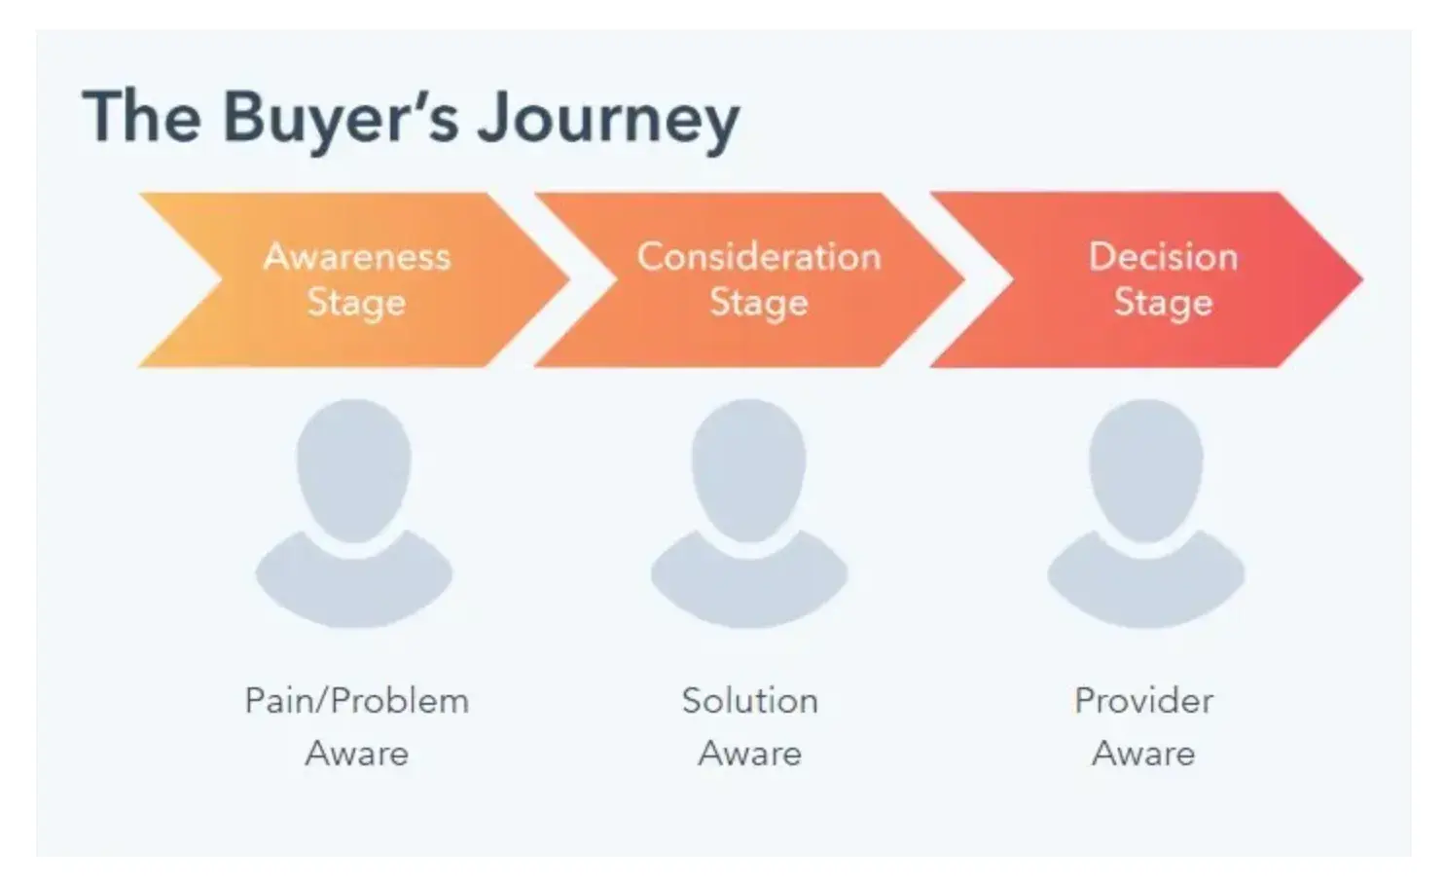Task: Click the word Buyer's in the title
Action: (x=340, y=119)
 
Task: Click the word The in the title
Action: (x=142, y=117)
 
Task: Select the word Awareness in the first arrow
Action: (x=357, y=257)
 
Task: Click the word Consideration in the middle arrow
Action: (x=759, y=257)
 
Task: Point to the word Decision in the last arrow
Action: (x=1163, y=257)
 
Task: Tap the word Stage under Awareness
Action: (x=356, y=303)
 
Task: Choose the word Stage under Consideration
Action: (x=759, y=303)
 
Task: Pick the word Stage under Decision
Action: (x=1163, y=303)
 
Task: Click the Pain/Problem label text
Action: (x=357, y=701)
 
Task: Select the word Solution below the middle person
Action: (x=749, y=701)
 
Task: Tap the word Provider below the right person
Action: (x=1143, y=701)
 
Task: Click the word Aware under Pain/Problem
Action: (x=357, y=754)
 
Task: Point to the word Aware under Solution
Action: (x=749, y=754)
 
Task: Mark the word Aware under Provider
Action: (x=1143, y=754)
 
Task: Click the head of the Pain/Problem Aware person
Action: (x=354, y=467)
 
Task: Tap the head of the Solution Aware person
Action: (x=749, y=467)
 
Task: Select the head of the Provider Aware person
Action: (x=1146, y=467)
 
